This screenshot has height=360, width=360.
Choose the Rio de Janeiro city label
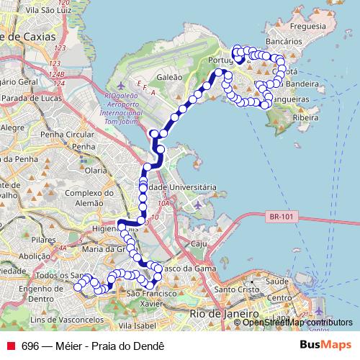(x=224, y=314)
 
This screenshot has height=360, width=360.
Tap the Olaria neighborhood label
(x=96, y=171)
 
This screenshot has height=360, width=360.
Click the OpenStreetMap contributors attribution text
(x=287, y=323)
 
